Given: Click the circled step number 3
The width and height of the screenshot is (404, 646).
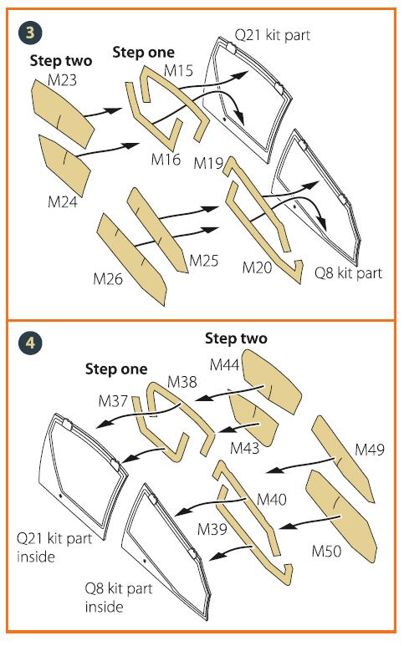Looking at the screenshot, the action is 30,33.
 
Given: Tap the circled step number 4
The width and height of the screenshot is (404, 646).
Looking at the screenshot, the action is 30,343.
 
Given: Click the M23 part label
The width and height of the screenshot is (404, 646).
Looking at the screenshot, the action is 62,79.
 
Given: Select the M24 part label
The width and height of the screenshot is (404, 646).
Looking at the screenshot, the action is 63,202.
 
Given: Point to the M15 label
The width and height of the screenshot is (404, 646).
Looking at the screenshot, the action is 178,70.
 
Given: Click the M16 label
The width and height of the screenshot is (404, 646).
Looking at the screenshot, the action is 166,159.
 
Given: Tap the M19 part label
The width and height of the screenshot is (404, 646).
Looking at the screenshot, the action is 208,163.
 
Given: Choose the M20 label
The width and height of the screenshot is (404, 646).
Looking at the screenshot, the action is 258,267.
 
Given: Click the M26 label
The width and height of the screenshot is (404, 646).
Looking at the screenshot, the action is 108,279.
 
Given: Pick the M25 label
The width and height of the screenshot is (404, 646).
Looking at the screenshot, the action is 204,261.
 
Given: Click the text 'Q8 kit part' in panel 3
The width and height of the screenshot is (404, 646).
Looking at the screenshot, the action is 348,272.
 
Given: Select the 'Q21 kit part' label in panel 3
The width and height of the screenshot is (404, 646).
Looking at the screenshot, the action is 273,35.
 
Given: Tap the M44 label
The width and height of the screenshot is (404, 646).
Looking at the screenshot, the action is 225,364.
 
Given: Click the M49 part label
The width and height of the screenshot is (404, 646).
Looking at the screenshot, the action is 370,449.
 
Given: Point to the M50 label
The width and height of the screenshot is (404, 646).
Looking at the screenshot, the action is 326,551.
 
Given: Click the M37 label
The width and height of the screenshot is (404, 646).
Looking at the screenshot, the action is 113,401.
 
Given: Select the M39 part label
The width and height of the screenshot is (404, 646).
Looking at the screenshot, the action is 212,529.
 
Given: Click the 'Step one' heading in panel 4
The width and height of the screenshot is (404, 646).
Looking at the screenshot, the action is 116,369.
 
